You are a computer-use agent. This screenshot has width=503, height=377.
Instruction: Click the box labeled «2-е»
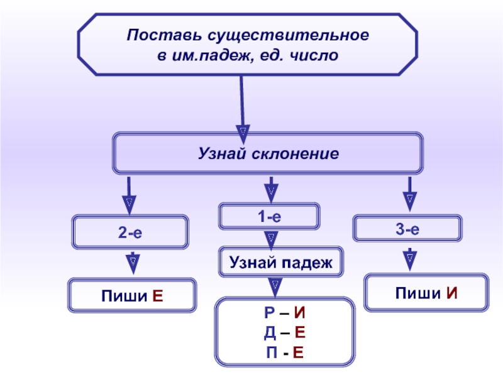(131, 232)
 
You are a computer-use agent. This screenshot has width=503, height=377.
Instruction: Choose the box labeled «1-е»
(268, 216)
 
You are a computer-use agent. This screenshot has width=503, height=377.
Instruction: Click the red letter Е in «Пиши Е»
(158, 295)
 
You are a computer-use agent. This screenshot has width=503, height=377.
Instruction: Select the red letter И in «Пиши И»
(451, 293)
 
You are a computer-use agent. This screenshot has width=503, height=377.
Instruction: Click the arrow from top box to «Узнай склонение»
(242, 107)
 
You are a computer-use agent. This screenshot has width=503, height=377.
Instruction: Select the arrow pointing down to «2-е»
(128, 195)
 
